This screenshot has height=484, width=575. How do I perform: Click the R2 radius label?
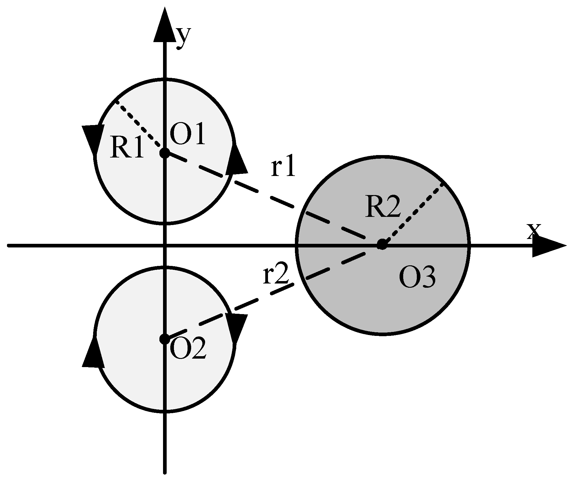[383, 207]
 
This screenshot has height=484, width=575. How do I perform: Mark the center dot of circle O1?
[165, 152]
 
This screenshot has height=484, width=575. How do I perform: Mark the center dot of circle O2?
[165, 339]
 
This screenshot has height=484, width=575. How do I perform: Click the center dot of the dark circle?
[382, 244]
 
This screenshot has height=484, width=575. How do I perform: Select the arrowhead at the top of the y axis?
[165, 26]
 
